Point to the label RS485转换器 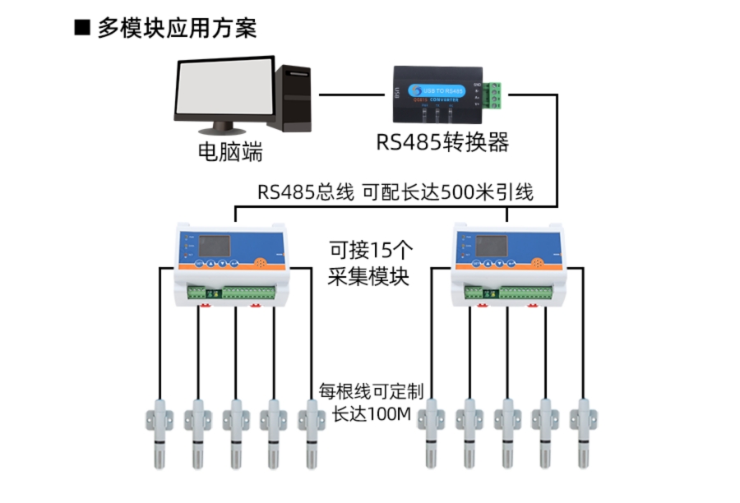click(442, 142)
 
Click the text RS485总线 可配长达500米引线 click(395, 193)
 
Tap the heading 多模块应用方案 click(177, 28)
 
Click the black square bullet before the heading click(81, 28)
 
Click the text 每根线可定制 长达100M click(370, 401)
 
